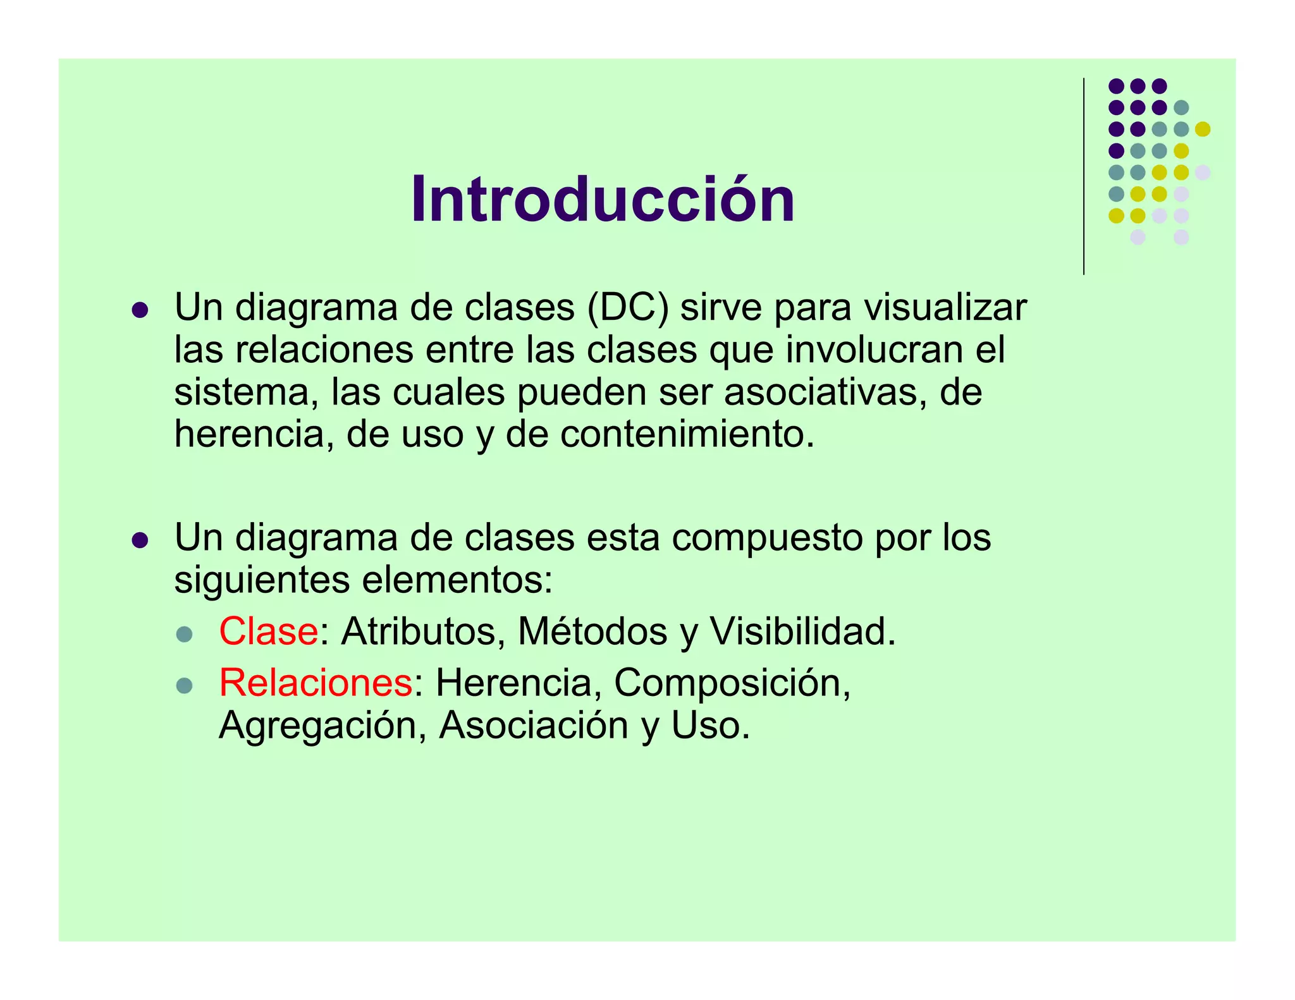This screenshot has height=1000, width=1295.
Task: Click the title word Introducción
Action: coord(602,200)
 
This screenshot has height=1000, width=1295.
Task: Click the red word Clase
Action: coord(268,631)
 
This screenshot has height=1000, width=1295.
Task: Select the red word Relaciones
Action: coord(316,683)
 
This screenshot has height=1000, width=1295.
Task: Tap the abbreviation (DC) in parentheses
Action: coord(627,308)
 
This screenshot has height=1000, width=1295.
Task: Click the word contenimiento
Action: coord(687,435)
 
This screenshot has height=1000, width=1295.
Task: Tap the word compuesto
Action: coord(767,538)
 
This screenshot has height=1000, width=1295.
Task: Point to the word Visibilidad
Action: coord(802,631)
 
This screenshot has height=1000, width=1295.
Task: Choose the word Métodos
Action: coord(592,631)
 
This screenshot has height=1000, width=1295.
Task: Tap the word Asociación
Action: coord(534,725)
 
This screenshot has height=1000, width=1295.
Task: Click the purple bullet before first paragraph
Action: coord(140,310)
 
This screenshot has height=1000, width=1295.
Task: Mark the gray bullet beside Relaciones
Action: coord(184,686)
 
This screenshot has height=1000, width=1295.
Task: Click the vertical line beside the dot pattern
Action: coord(1084,177)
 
